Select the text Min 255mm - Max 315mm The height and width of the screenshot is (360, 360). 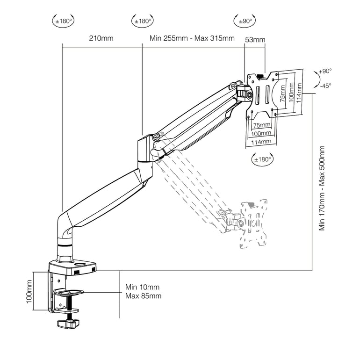click(x=192, y=38)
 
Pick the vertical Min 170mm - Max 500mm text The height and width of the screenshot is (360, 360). click(x=322, y=188)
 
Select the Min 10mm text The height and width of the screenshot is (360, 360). click(x=142, y=287)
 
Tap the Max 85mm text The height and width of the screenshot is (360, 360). click(x=143, y=296)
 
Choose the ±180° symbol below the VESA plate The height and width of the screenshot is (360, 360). click(x=262, y=159)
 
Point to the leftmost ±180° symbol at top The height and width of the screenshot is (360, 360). click(x=64, y=21)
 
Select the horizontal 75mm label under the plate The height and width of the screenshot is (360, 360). click(x=262, y=125)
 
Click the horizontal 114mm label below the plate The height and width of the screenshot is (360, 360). click(x=261, y=141)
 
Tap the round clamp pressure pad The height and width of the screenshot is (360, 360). click(x=70, y=293)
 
